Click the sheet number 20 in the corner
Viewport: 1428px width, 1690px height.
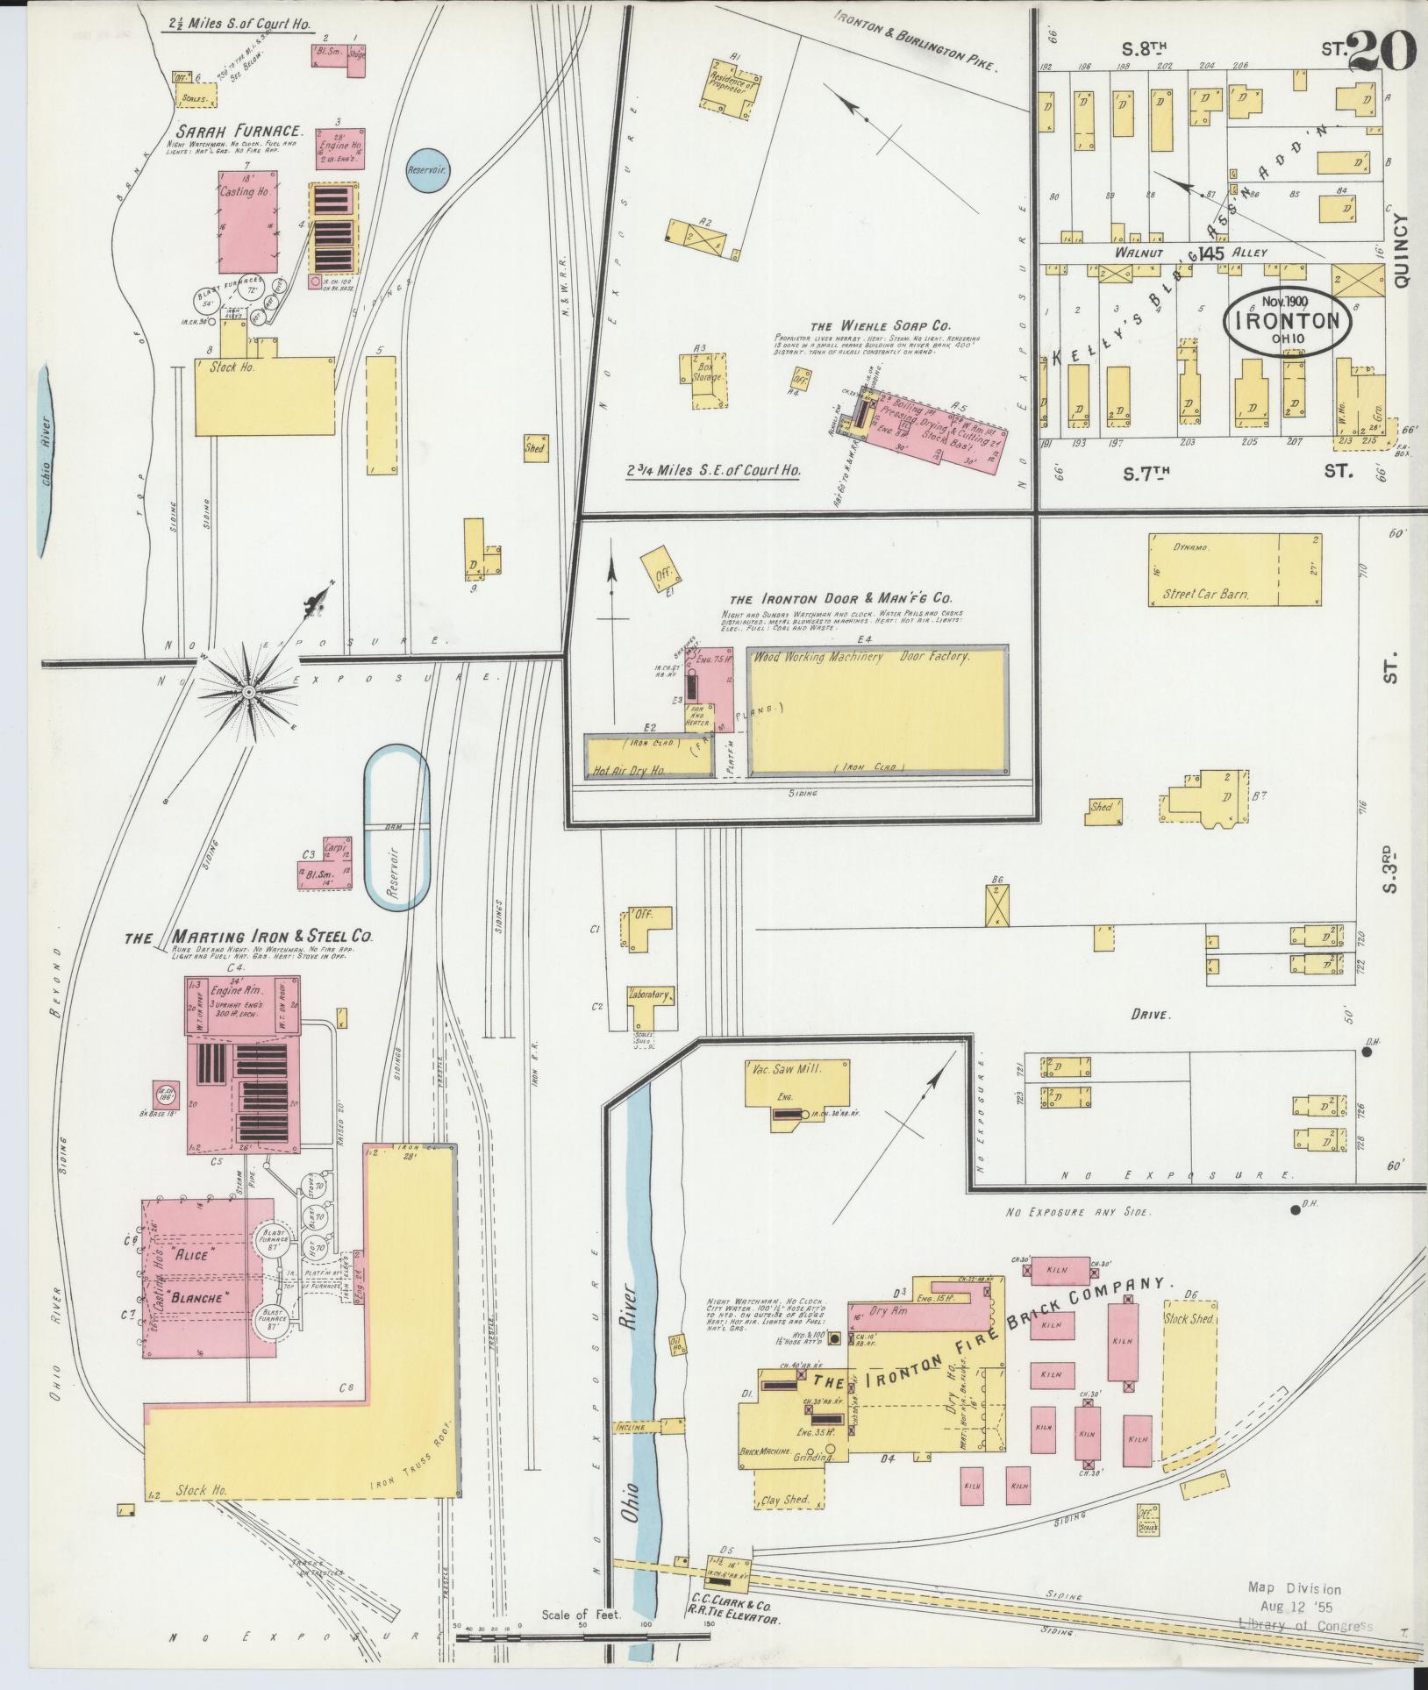tap(1381, 50)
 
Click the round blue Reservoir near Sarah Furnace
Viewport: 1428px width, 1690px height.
tap(427, 168)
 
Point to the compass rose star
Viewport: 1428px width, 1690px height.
tap(249, 693)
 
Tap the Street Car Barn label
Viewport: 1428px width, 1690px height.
tap(1205, 594)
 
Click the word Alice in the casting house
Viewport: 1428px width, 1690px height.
tap(193, 1256)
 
